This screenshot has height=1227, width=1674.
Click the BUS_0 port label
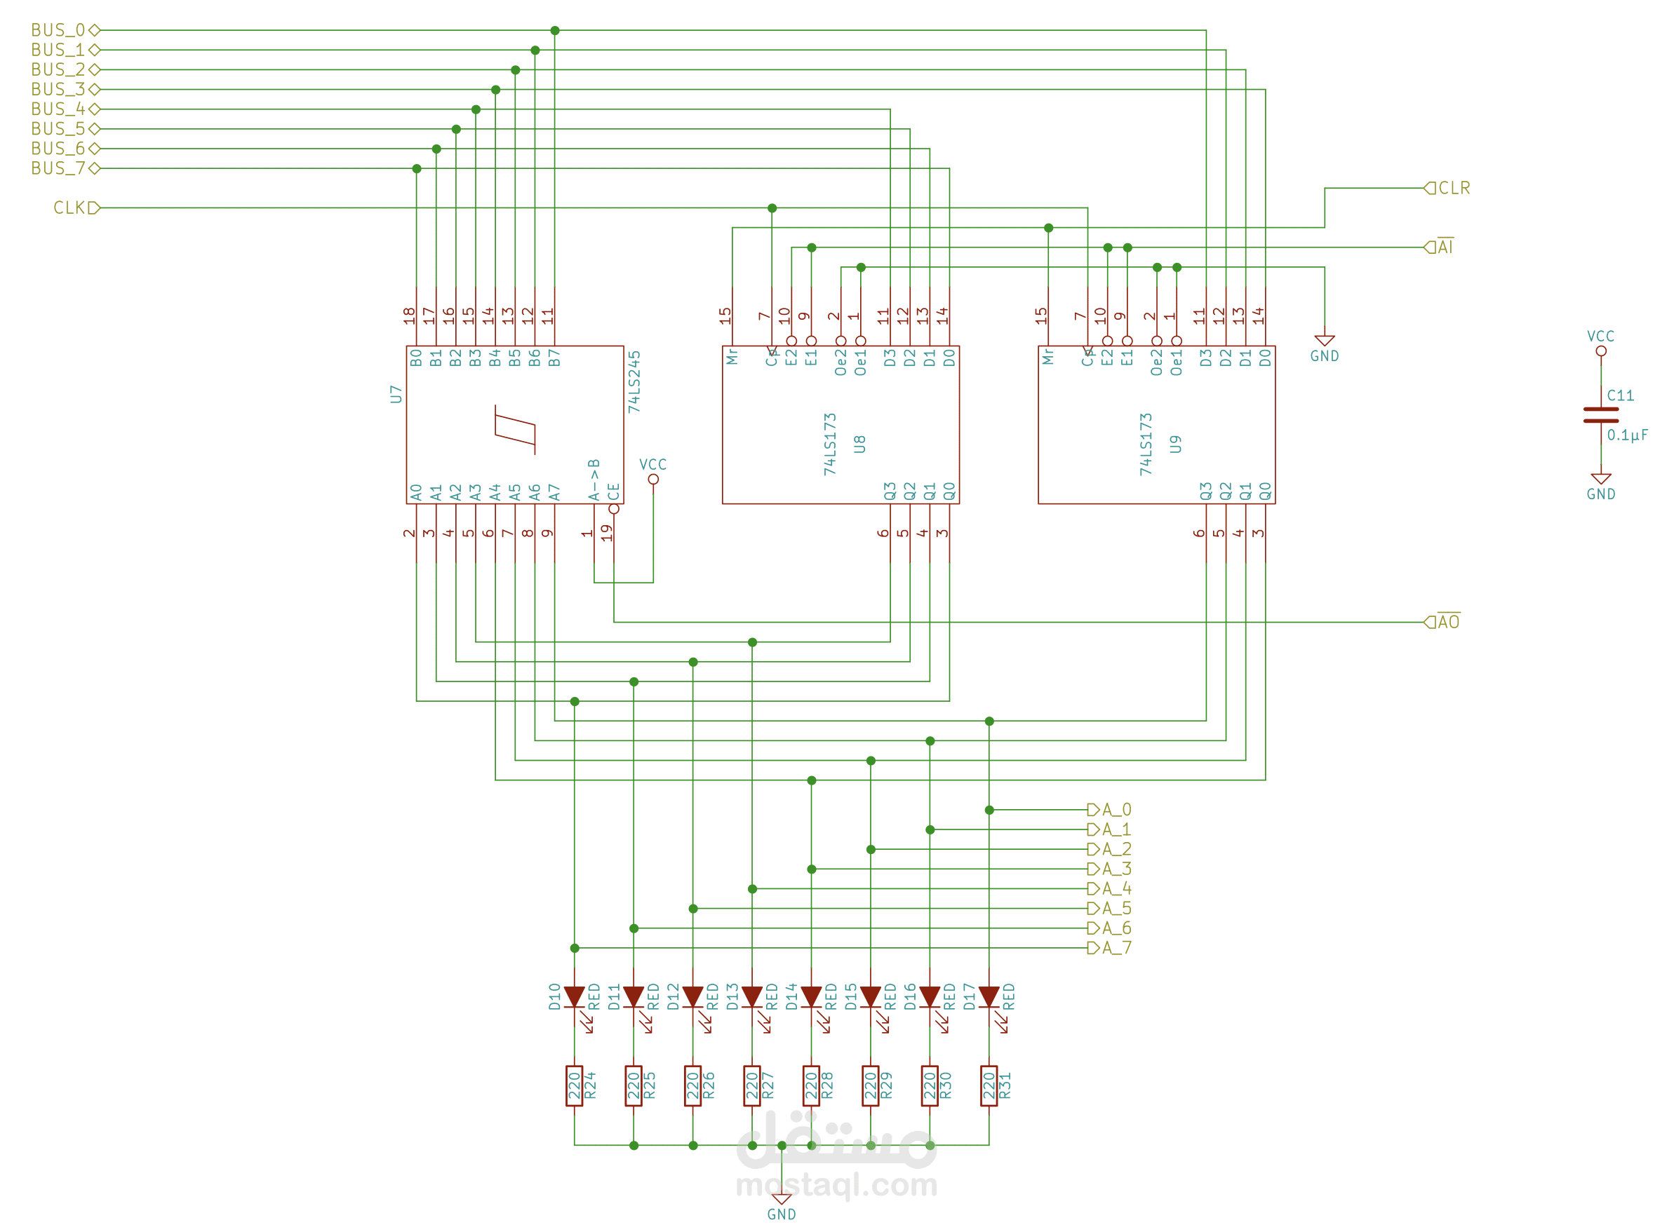(x=58, y=29)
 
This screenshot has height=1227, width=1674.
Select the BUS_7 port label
(x=58, y=168)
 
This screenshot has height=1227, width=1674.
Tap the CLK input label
(x=70, y=208)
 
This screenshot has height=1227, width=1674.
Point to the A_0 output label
(x=1116, y=810)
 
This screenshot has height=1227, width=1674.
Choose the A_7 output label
(x=1116, y=948)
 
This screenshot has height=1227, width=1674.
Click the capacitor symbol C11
(x=1600, y=415)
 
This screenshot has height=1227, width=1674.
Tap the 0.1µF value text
(x=1627, y=435)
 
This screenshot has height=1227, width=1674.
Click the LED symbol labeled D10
(x=575, y=997)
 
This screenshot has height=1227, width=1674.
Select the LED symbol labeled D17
(x=989, y=997)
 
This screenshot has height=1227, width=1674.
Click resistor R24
(x=575, y=1085)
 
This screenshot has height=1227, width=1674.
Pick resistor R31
(x=989, y=1085)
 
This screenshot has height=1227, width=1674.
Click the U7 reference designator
(x=396, y=393)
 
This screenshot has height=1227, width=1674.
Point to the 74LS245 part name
(x=634, y=381)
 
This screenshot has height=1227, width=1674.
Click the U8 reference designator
(x=859, y=444)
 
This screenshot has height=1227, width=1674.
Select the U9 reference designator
(x=1175, y=444)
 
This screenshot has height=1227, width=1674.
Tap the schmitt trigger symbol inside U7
(x=515, y=429)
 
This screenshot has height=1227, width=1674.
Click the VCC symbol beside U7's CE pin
(x=653, y=471)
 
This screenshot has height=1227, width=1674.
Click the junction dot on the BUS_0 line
(x=555, y=30)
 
